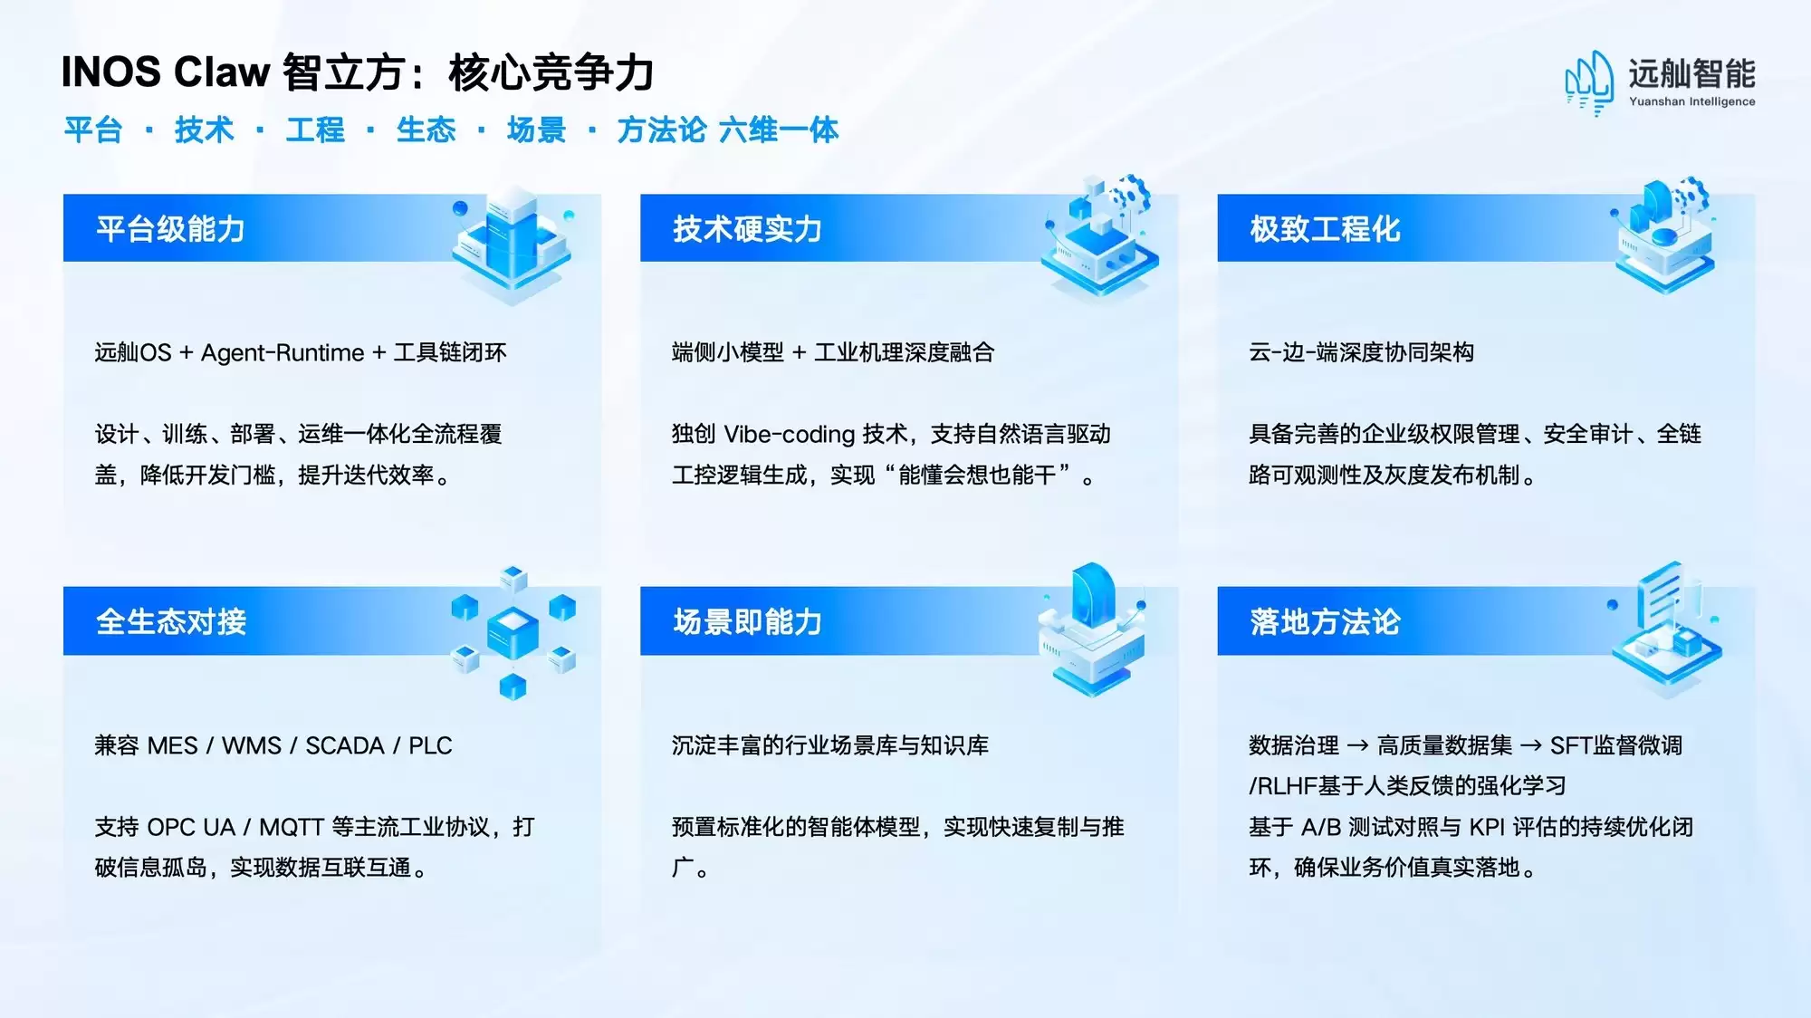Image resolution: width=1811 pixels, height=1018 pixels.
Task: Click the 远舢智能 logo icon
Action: pyautogui.click(x=1590, y=82)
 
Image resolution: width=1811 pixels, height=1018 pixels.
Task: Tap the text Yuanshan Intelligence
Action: pyautogui.click(x=1691, y=101)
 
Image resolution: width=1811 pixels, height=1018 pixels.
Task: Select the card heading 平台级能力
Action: pyautogui.click(x=170, y=229)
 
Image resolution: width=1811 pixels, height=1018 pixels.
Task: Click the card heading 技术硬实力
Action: pyautogui.click(x=747, y=229)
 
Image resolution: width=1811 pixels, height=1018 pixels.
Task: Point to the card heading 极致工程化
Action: pyautogui.click(x=1325, y=229)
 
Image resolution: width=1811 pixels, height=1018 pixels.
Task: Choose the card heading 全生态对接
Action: pyautogui.click(x=170, y=622)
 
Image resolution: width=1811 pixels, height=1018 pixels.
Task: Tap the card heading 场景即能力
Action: pyautogui.click(x=747, y=622)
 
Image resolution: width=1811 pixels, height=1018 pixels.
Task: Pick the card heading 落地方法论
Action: pyautogui.click(x=1325, y=622)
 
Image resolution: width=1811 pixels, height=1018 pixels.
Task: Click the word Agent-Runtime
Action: pyautogui.click(x=283, y=352)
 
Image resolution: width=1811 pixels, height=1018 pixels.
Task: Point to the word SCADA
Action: pyautogui.click(x=345, y=745)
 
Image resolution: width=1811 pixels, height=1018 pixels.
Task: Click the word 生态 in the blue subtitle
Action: pyautogui.click(x=426, y=130)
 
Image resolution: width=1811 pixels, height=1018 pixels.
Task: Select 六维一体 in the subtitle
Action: pyautogui.click(x=779, y=130)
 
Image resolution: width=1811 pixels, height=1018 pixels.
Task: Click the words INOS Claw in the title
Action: pyautogui.click(x=166, y=72)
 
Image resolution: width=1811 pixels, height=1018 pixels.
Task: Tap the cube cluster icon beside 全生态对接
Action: pyautogui.click(x=513, y=632)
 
